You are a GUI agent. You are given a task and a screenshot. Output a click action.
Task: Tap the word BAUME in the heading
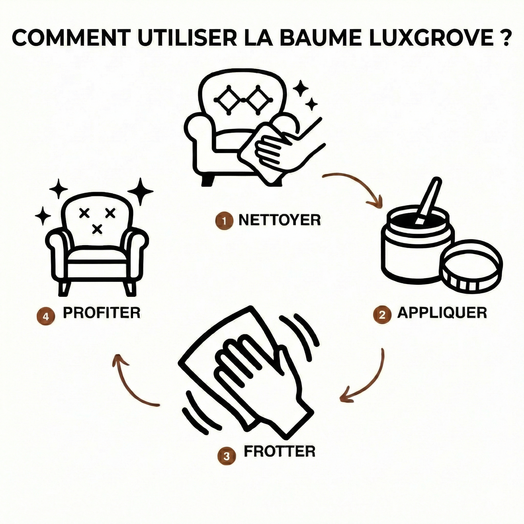point(316,38)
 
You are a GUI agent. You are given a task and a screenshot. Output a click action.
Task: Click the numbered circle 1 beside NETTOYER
point(224,221)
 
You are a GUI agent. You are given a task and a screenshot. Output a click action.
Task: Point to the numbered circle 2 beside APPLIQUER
point(383,315)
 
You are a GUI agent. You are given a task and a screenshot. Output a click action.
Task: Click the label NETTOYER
point(279,220)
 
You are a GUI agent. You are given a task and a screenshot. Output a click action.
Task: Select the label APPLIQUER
point(442,313)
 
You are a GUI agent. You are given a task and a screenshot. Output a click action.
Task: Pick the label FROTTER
point(279,451)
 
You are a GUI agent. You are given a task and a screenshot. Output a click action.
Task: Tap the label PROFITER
point(102,313)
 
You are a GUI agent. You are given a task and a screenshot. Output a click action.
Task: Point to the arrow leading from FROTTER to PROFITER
point(126,388)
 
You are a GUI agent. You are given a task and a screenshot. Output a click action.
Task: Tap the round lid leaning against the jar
point(473,265)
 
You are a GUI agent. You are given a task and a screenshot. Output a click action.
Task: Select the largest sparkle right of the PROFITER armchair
point(140,191)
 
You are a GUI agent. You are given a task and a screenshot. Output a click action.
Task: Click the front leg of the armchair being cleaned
point(208,179)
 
